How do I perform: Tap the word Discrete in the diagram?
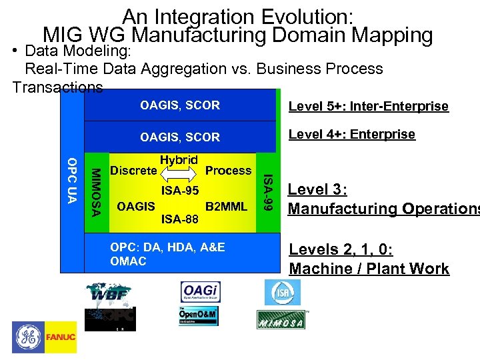click(x=133, y=171)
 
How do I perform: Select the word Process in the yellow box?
click(x=228, y=171)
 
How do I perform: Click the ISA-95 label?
click(x=180, y=191)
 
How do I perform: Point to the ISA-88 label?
click(x=180, y=218)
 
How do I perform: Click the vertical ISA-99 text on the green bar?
click(x=268, y=192)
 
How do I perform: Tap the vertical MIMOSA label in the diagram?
click(x=96, y=192)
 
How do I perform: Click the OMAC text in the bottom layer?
click(x=128, y=261)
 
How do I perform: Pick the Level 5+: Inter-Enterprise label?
click(x=368, y=107)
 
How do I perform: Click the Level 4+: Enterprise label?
click(x=351, y=135)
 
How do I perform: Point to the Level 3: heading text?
click(x=317, y=189)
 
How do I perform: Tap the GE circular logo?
click(x=27, y=337)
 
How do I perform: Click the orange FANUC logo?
click(x=61, y=337)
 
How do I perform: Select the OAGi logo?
click(x=200, y=292)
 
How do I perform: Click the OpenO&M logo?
click(x=198, y=316)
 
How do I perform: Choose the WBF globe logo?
click(x=109, y=293)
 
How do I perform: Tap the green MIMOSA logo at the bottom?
click(x=281, y=320)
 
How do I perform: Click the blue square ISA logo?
click(x=283, y=292)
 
